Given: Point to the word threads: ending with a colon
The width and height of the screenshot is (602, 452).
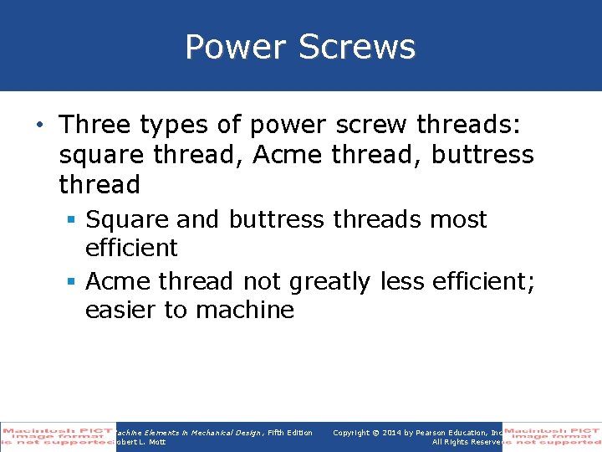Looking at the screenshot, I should pyautogui.click(x=469, y=125).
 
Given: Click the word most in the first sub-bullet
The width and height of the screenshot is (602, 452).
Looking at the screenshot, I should pyautogui.click(x=458, y=219).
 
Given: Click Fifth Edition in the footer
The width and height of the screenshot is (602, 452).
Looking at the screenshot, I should pyautogui.click(x=289, y=433).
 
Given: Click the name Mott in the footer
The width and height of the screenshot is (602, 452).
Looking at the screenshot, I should pyautogui.click(x=156, y=442).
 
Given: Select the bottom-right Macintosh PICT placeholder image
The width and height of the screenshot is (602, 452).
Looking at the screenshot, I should pyautogui.click(x=552, y=437).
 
